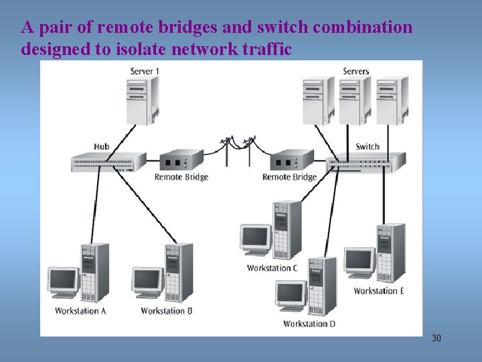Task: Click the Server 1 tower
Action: pyautogui.click(x=143, y=101)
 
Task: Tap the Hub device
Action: pyautogui.click(x=108, y=162)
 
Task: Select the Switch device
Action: pyautogui.click(x=366, y=162)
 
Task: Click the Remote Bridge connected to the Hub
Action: pyautogui.click(x=181, y=160)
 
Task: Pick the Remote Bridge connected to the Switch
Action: pyautogui.click(x=292, y=160)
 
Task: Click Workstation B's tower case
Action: pyautogui.click(x=179, y=272)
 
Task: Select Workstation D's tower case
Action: pyautogui.click(x=322, y=286)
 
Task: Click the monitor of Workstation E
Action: pyautogui.click(x=360, y=263)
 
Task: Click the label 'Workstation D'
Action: pyautogui.click(x=309, y=324)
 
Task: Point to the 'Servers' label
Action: pyautogui.click(x=356, y=72)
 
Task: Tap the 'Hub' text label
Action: pyautogui.click(x=102, y=147)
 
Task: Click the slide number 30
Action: pyautogui.click(x=436, y=338)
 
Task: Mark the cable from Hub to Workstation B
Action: pyautogui.click(x=145, y=204)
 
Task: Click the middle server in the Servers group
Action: pyautogui.click(x=355, y=101)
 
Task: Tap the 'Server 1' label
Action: pyautogui.click(x=145, y=72)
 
